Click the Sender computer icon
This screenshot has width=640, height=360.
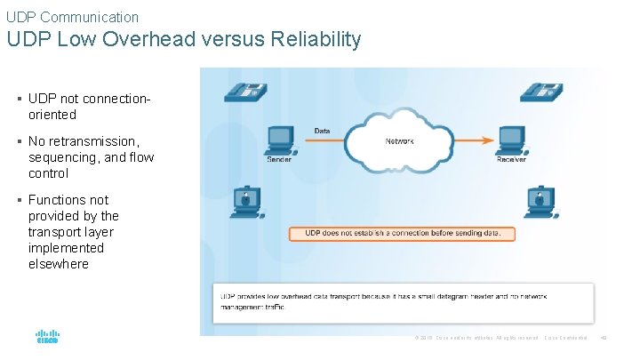point(280,139)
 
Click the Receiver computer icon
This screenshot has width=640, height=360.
point(510,139)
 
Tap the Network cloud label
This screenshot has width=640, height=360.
point(399,141)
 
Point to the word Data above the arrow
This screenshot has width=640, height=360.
point(322,131)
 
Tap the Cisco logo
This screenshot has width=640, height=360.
point(47,338)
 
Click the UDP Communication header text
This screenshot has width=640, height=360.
point(72,17)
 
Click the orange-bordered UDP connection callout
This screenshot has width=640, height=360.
point(402,233)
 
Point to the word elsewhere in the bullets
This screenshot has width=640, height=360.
point(59,264)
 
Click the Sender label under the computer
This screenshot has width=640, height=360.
point(279,159)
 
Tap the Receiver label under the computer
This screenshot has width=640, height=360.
point(510,159)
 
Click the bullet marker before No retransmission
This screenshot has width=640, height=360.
point(20,141)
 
